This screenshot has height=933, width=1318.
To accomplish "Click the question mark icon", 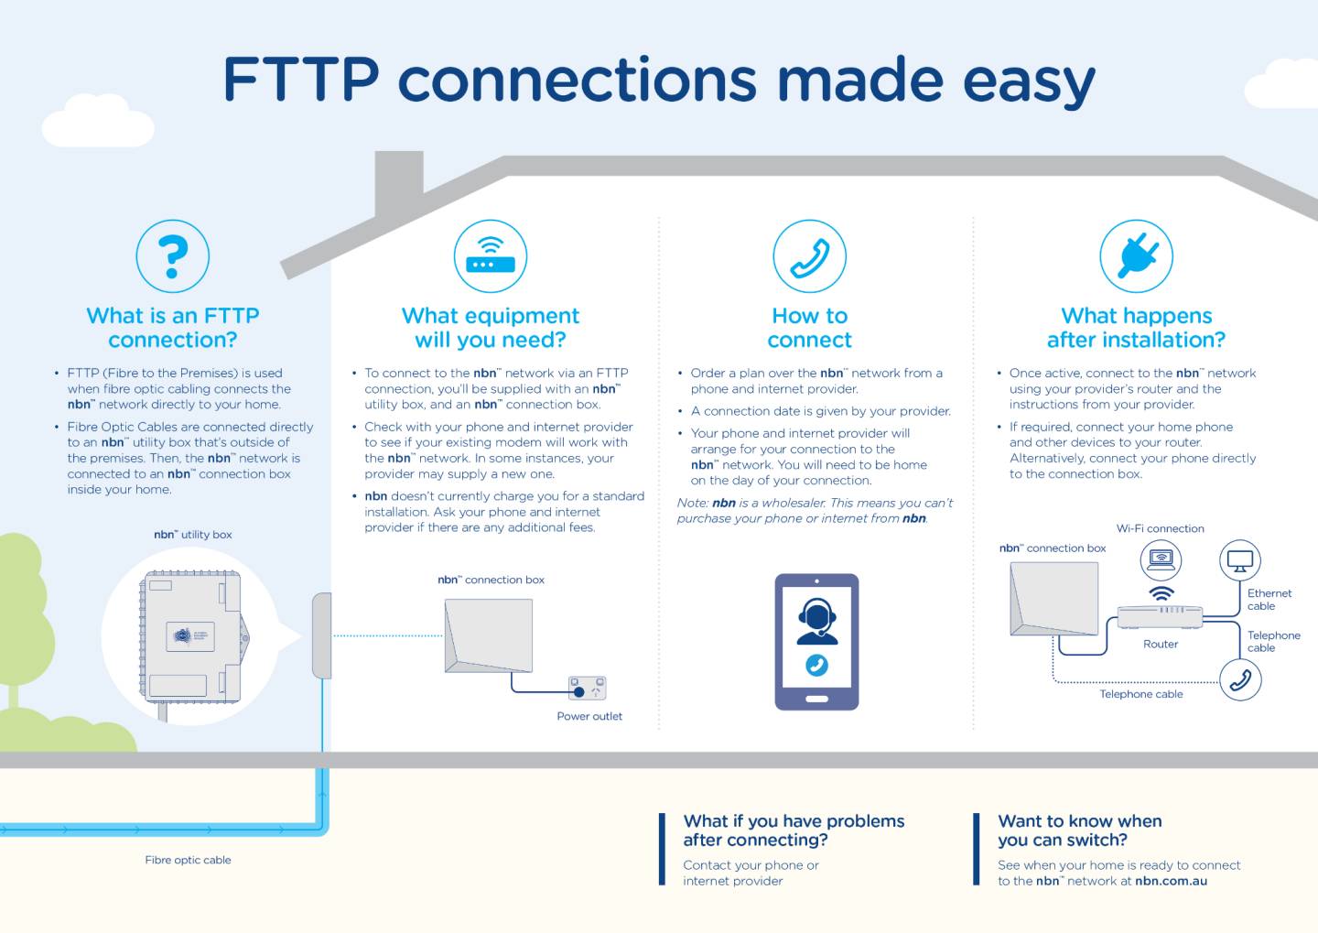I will pyautogui.click(x=172, y=256).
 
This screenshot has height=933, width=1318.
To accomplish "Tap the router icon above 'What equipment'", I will pyautogui.click(x=491, y=256).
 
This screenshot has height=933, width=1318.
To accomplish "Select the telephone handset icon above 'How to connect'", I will pyautogui.click(x=809, y=256).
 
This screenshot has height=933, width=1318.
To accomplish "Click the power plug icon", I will pyautogui.click(x=1136, y=256).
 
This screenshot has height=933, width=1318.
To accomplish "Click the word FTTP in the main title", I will pyautogui.click(x=301, y=81).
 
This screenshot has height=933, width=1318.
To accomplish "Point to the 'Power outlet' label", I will pyautogui.click(x=589, y=716).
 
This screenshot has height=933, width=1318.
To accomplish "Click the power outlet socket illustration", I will pyautogui.click(x=587, y=688).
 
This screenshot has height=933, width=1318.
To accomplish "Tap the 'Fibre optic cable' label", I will pyautogui.click(x=188, y=860).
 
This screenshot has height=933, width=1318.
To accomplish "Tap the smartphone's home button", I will pyautogui.click(x=816, y=700).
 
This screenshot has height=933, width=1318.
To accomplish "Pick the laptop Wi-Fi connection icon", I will pyautogui.click(x=1161, y=558).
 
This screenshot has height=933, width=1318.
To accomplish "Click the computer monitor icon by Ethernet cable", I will pyautogui.click(x=1240, y=560).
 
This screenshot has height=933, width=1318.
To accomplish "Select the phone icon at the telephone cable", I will pyautogui.click(x=1240, y=680).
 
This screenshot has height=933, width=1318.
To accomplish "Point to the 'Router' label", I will pyautogui.click(x=1161, y=644).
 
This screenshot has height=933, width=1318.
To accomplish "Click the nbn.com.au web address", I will pyautogui.click(x=1171, y=881).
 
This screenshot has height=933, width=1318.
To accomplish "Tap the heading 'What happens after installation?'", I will pyautogui.click(x=1136, y=328).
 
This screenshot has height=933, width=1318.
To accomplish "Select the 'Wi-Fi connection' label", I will pyautogui.click(x=1160, y=528).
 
